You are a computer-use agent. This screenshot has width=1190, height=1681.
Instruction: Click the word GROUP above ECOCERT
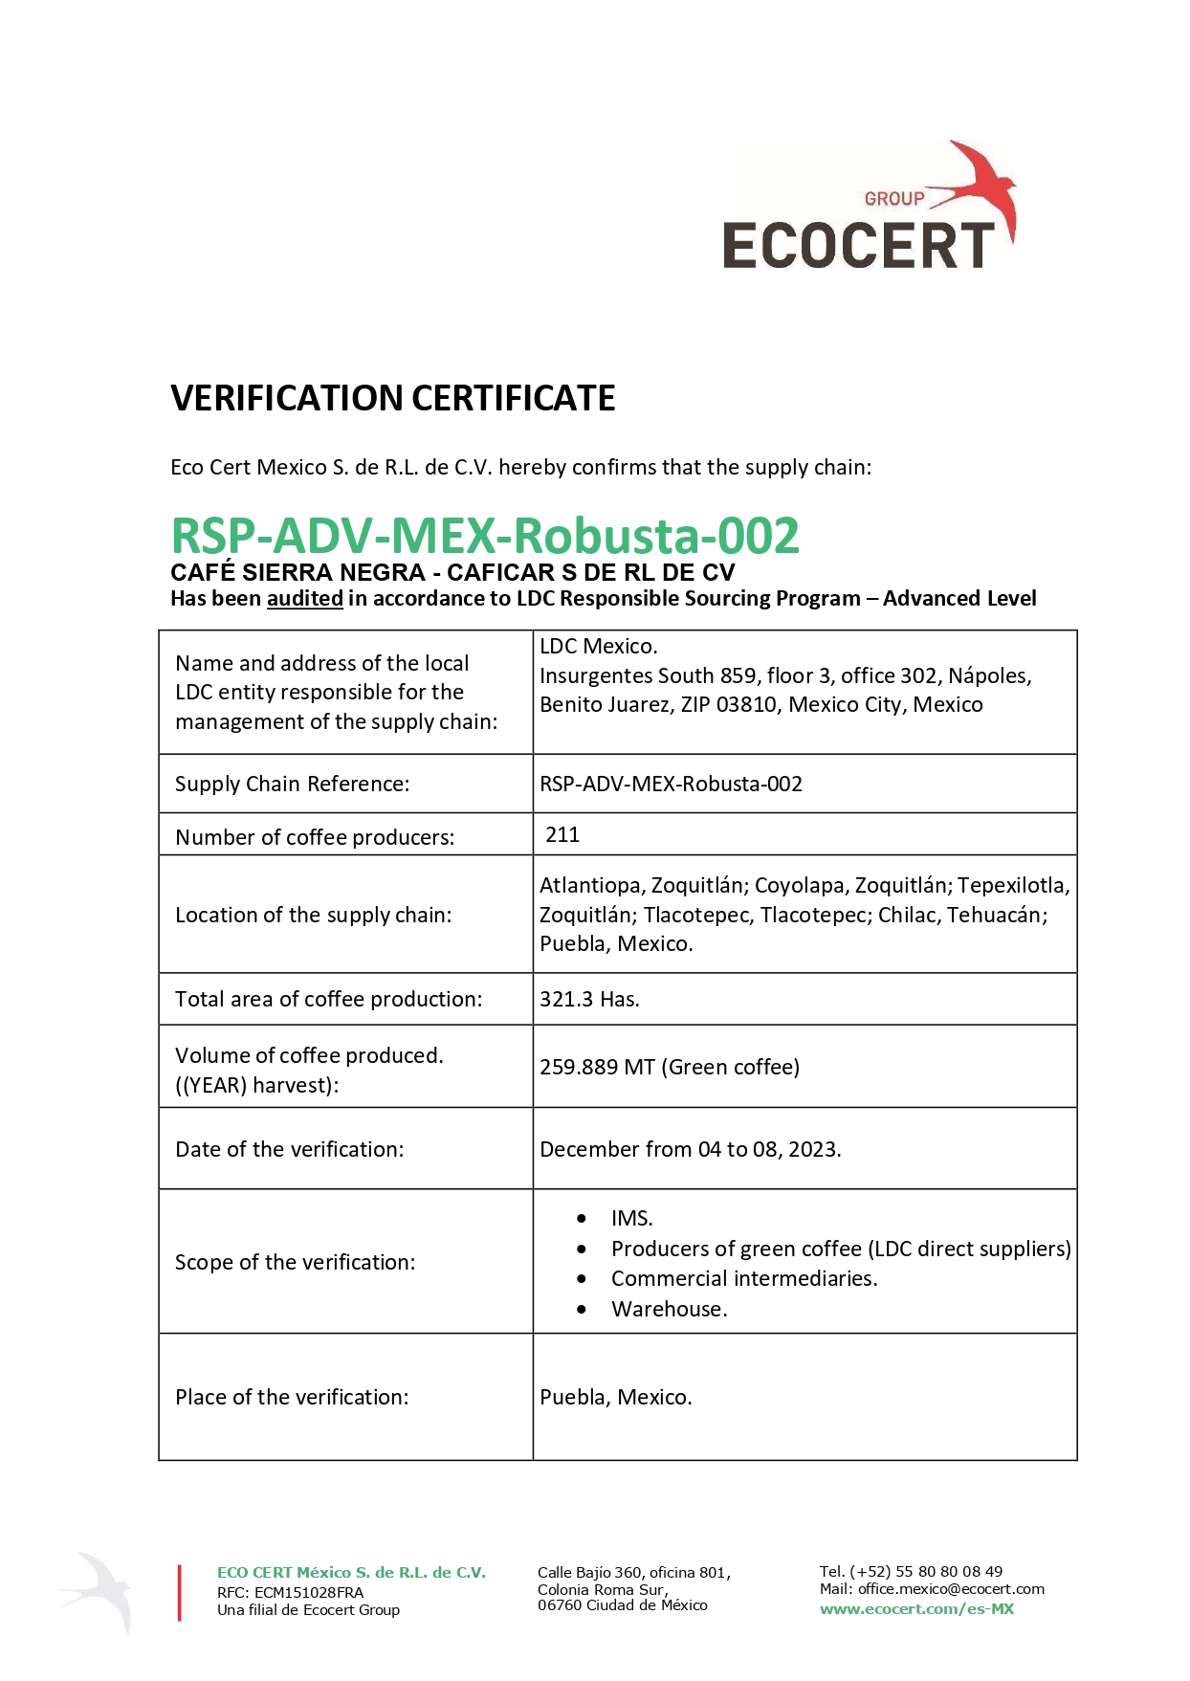pos(894,199)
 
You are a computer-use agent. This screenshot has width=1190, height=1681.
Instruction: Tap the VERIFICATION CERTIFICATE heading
pos(392,398)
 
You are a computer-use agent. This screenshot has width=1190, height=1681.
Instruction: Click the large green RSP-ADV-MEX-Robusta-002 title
pos(485,536)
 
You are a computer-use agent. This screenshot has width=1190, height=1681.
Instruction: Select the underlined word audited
pos(304,599)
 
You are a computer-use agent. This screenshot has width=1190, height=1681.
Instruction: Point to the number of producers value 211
pos(562,835)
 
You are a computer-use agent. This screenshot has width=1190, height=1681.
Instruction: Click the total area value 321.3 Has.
pos(589,1000)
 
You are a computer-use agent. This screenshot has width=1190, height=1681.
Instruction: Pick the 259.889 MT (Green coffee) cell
pos(670,1068)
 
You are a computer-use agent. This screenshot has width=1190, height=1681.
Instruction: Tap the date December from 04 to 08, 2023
pos(690,1150)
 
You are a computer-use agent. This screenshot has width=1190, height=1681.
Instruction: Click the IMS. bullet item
pos(632,1219)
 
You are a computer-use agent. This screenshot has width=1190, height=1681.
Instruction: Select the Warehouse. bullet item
pos(669,1310)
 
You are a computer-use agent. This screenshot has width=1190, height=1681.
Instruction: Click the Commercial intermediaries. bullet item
pos(743,1279)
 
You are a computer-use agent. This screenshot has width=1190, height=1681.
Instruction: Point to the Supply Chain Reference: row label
pos(292,785)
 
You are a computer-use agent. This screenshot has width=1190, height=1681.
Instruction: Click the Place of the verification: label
pos(292,1398)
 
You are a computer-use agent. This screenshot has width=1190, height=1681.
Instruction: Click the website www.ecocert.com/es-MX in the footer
pos(916,1609)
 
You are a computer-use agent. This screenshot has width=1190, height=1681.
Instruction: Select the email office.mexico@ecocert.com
pos(951,1589)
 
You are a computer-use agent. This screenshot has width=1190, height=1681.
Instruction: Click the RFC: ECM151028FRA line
pos(290,1593)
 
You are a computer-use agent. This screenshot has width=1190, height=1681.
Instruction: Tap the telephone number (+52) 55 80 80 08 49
pos(926,1571)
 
